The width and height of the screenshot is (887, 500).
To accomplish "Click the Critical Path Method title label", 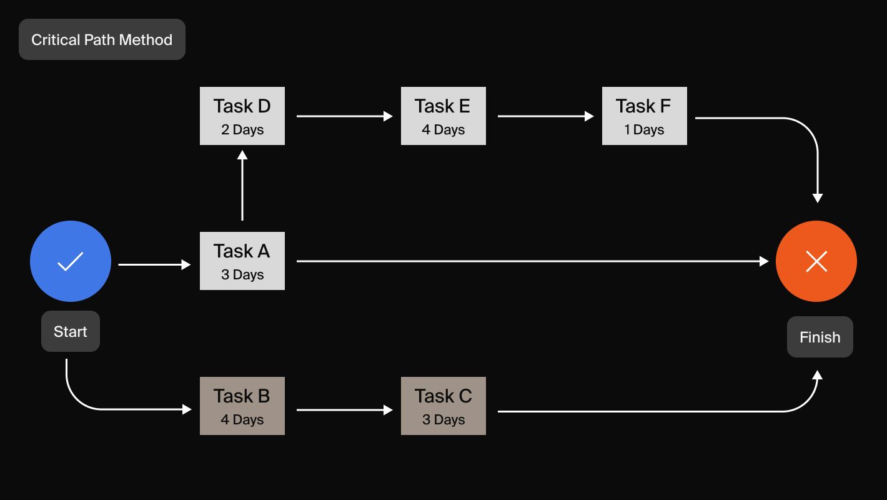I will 102,39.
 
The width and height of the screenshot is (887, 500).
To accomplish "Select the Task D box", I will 242,116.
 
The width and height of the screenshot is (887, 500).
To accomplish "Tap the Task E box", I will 443,116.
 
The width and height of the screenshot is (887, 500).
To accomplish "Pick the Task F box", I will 645,116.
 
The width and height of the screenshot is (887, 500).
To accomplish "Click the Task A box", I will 242,261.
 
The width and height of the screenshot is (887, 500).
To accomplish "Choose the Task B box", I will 242,406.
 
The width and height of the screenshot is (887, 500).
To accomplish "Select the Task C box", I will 443,406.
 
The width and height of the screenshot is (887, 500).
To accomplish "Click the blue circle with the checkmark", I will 71,261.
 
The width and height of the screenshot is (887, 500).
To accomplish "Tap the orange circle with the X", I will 816,261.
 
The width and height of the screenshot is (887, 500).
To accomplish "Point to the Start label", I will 71,331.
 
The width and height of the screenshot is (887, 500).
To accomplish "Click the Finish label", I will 820,337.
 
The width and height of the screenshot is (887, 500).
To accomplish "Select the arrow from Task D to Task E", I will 344,116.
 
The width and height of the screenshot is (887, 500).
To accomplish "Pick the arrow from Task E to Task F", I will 545,116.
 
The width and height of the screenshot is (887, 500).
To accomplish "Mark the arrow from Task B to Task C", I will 344,410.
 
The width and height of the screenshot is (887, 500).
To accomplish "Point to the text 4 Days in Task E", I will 443,130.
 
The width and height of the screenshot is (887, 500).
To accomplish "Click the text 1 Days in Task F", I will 645,130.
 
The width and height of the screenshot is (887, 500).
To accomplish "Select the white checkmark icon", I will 71,261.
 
